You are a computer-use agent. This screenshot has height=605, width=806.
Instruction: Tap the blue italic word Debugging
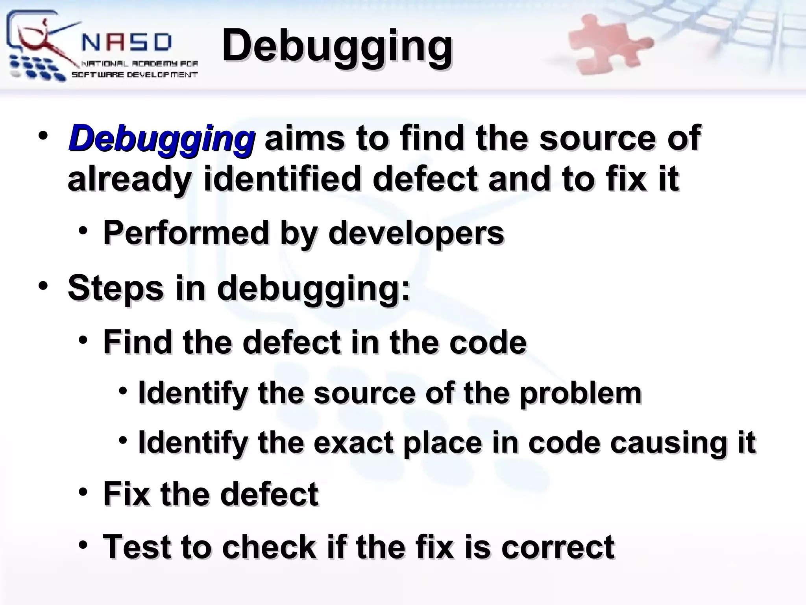pyautogui.click(x=161, y=139)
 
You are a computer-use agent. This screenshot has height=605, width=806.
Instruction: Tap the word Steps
pyautogui.click(x=115, y=288)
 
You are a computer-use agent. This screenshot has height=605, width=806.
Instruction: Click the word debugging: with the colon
pyautogui.click(x=314, y=289)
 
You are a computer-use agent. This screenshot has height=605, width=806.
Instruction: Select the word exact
pyautogui.click(x=353, y=442)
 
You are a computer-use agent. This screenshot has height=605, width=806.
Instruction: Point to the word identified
pyautogui.click(x=281, y=179)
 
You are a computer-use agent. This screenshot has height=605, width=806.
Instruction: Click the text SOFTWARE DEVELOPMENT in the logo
pyautogui.click(x=134, y=75)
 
